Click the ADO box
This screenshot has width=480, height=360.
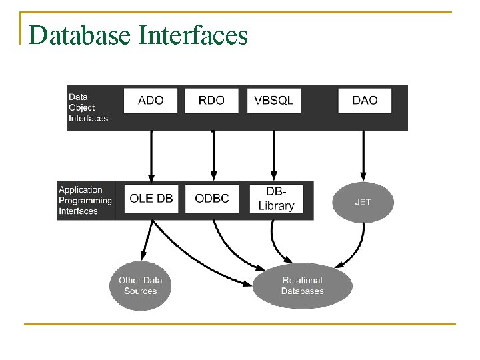(151, 101)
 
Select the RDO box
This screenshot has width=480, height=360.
(211, 101)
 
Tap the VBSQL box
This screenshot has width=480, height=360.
(273, 101)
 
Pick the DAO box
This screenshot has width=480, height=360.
(364, 101)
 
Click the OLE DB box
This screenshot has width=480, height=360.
(151, 199)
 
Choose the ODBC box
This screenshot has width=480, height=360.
(211, 199)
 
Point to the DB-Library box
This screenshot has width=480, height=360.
(275, 199)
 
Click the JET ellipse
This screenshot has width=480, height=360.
(363, 202)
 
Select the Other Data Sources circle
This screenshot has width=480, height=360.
(140, 286)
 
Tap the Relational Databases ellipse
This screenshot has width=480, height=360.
(302, 286)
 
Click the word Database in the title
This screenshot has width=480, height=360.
(80, 35)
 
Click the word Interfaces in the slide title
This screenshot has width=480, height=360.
(193, 35)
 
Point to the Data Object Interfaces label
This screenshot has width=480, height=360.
(88, 108)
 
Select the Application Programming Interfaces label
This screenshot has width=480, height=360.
(85, 201)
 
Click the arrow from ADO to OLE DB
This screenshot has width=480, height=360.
(151, 157)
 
